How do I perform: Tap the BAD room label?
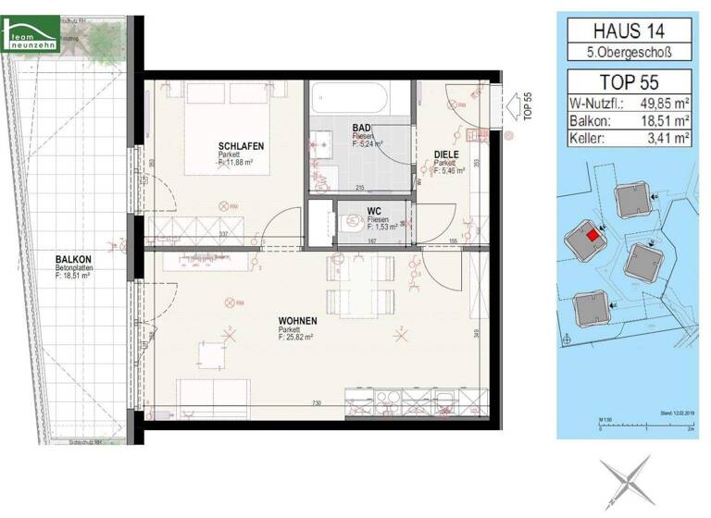[x=362, y=128]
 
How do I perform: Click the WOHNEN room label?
[x=297, y=321]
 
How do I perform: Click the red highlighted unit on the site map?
[x=592, y=236]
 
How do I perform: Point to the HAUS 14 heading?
[x=629, y=31]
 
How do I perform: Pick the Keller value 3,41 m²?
[x=667, y=140]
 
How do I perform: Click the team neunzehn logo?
[x=32, y=38]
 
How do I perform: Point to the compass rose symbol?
[x=625, y=480]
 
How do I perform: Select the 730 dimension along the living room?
[x=317, y=404]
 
